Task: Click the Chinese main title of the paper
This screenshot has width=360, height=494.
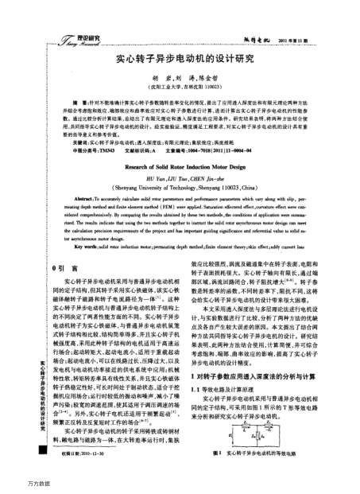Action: (x=184, y=58)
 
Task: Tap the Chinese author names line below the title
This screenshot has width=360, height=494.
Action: (x=184, y=80)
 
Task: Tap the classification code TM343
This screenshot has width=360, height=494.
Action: (x=106, y=150)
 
